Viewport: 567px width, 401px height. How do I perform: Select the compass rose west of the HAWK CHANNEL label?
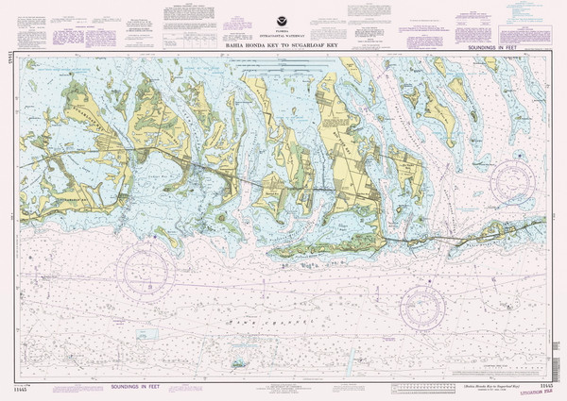[x=145, y=272]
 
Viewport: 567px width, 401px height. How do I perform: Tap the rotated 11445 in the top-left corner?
[x=10, y=59]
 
